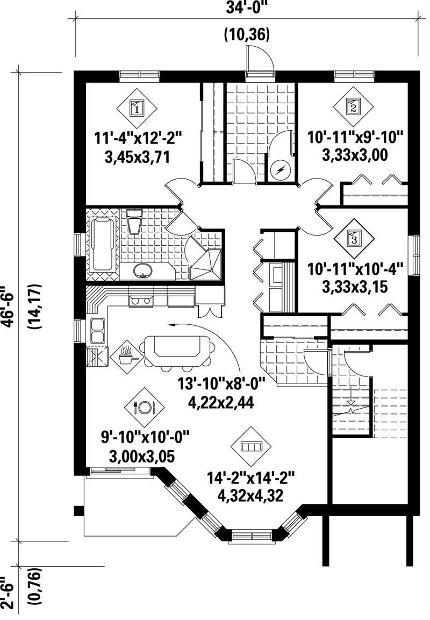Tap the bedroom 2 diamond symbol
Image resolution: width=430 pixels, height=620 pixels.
(x=353, y=106)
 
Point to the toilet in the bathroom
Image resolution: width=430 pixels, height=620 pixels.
(x=134, y=222)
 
